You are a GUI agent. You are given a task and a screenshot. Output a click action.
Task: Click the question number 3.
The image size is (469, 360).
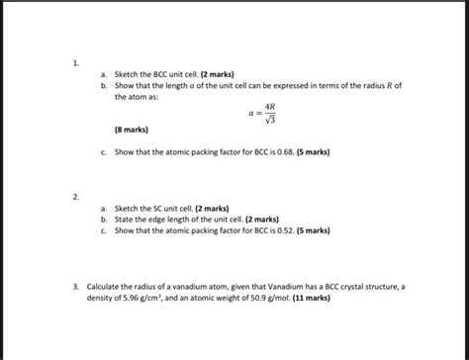pos(75,284)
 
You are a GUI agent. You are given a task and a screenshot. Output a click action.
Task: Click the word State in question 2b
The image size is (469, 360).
pos(126,220)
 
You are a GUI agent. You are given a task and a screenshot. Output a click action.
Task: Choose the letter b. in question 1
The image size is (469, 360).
pos(104,86)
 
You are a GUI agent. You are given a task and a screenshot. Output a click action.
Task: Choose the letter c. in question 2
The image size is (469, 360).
pos(104,229)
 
